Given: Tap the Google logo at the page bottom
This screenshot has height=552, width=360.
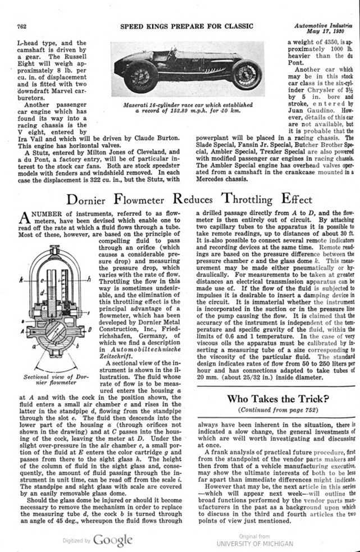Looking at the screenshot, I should (112, 540).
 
